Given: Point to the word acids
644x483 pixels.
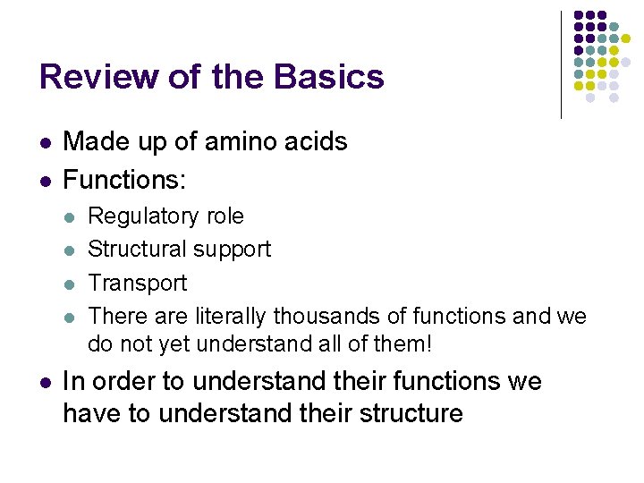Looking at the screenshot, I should [317, 141].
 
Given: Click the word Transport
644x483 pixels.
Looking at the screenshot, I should [138, 283].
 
